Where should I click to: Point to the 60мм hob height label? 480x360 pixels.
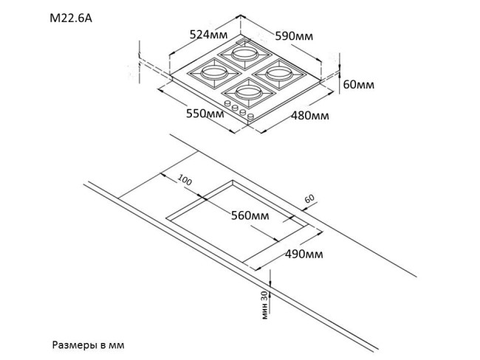359,85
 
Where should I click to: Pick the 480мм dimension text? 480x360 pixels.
309,116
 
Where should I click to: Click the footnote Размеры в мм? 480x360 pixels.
94,345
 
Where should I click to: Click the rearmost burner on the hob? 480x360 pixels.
247,54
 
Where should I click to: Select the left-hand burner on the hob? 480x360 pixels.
213,73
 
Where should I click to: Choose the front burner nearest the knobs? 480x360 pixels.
246,93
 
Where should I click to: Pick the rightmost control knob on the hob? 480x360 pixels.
250,117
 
